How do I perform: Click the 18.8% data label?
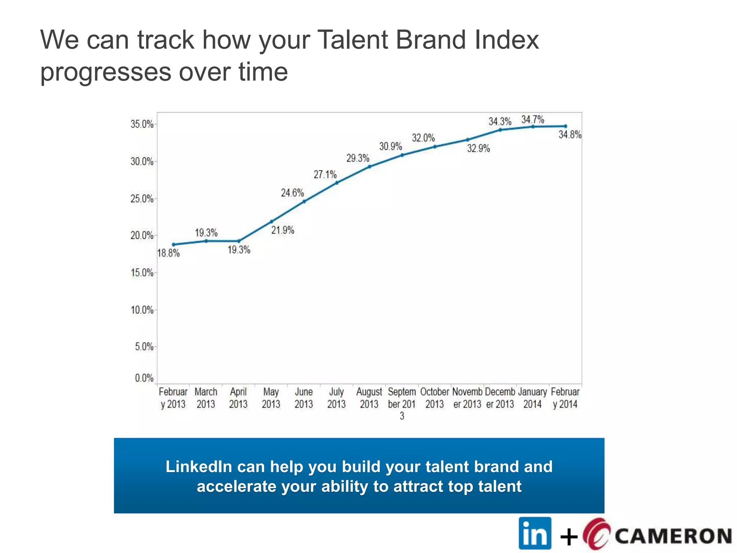coord(168,253)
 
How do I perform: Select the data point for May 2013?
coord(271,222)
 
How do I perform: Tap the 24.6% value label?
coord(292,193)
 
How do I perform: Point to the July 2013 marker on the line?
coord(337,183)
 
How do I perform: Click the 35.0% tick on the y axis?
coord(142,124)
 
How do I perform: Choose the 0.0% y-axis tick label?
coord(144,378)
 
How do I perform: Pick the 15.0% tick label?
coord(142,273)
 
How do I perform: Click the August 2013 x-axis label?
coord(369,397)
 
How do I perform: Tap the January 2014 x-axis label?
coord(532,397)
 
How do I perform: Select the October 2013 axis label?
coord(434,397)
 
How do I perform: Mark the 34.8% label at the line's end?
coord(570,135)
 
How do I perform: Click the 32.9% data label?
coord(478,148)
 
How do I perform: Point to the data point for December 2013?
coord(500,130)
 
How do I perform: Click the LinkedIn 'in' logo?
coord(535,533)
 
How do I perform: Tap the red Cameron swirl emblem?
coord(596,534)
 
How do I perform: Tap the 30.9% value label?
coord(390,147)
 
